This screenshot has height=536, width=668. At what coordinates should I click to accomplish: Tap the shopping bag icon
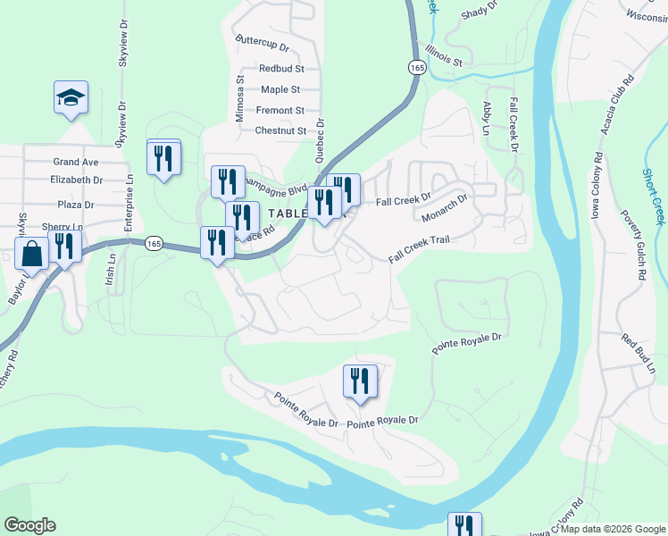click(x=31, y=254)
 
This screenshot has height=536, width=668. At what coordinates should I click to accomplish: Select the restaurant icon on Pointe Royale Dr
click(x=360, y=381)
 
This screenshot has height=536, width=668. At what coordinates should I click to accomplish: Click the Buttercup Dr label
click(x=263, y=44)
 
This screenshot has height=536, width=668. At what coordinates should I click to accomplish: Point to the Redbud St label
click(x=281, y=68)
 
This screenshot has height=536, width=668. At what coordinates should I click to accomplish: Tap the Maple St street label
click(x=280, y=89)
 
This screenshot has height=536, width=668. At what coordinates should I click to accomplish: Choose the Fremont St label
click(x=280, y=110)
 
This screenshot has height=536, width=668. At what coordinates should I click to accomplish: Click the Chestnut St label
click(x=280, y=130)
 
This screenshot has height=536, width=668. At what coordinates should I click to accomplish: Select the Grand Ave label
click(x=75, y=162)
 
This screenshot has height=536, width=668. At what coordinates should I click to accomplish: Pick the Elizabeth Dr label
click(x=77, y=180)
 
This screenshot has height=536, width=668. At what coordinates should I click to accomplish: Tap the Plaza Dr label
click(x=76, y=204)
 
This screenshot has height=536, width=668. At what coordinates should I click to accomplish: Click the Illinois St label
click(x=444, y=55)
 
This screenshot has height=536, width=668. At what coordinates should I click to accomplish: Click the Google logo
click(x=29, y=525)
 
